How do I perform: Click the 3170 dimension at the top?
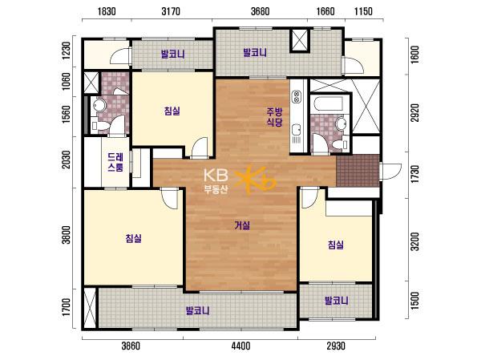(x=171, y=12)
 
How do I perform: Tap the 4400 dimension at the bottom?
(x=240, y=346)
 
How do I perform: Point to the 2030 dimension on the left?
(x=67, y=160)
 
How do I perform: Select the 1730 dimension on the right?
(x=414, y=174)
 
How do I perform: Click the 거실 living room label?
(x=242, y=226)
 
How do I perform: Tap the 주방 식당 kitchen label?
(x=274, y=117)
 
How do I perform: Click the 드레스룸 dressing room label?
(x=115, y=162)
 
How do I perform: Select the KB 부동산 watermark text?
(x=216, y=181)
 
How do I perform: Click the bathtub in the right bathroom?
(x=329, y=104)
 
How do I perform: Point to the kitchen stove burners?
(x=297, y=96)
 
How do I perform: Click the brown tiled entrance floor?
(x=358, y=171)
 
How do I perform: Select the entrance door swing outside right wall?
(x=391, y=172)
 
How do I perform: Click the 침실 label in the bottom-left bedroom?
(x=133, y=238)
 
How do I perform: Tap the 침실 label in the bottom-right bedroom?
(x=336, y=245)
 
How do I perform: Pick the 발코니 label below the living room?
(x=198, y=311)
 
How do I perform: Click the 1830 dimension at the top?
(x=107, y=12)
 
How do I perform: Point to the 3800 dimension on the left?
(x=67, y=235)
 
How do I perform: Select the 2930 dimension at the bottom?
(x=336, y=346)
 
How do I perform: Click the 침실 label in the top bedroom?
(x=172, y=111)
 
